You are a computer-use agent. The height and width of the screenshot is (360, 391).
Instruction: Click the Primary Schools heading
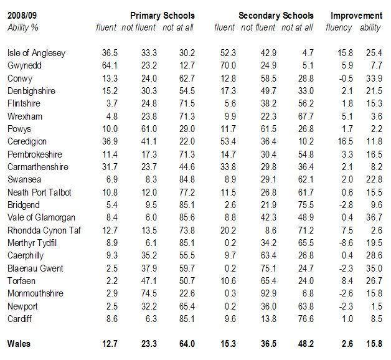(x=163, y=16)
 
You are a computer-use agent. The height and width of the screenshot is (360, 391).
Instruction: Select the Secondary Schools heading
(x=276, y=16)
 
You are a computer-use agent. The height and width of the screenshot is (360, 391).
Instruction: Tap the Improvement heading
(x=357, y=16)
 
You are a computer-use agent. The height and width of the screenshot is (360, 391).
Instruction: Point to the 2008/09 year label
(x=22, y=16)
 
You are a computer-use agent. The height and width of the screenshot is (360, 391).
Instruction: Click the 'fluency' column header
(x=339, y=27)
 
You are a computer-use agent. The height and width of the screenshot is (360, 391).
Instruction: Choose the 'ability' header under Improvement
(x=370, y=27)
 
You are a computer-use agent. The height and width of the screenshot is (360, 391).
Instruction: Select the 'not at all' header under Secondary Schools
(x=297, y=27)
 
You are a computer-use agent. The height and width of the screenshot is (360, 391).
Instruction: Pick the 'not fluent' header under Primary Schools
(x=139, y=27)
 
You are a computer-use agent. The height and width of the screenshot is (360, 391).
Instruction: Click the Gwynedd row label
(x=24, y=65)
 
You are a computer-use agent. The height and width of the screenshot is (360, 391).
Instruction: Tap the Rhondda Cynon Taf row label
(x=44, y=230)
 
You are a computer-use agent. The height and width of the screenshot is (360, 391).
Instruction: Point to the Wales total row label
(x=19, y=344)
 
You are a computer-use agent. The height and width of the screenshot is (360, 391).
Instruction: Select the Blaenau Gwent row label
(x=35, y=268)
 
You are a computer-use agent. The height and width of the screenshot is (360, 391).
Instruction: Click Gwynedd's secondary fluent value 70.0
(x=228, y=65)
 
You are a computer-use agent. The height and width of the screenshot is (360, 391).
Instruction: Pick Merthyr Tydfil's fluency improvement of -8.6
(x=346, y=243)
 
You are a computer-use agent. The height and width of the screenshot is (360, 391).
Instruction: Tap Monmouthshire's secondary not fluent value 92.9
(x=268, y=293)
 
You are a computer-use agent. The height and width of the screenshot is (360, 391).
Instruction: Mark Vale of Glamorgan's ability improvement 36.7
(x=374, y=217)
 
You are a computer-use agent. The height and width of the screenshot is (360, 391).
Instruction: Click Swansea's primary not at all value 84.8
(x=187, y=179)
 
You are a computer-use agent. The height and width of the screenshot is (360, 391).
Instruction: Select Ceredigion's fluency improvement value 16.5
(x=346, y=142)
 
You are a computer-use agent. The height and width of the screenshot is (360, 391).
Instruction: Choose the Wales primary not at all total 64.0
(x=187, y=344)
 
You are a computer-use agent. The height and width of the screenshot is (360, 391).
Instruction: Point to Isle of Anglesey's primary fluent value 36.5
(x=110, y=53)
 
